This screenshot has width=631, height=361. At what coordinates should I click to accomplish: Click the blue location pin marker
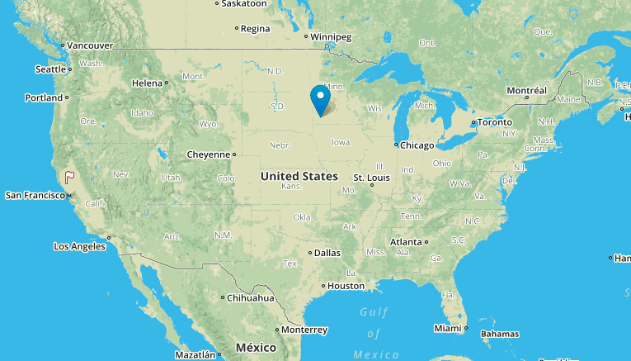point(320,99)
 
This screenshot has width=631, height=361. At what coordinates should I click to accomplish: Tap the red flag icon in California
point(70,176)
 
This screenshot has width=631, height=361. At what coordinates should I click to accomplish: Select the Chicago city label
point(417,145)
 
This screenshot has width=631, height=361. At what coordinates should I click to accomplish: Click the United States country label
point(299,176)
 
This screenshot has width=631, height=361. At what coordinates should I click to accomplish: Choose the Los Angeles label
point(79,246)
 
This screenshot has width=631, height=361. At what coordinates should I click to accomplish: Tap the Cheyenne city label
point(208,154)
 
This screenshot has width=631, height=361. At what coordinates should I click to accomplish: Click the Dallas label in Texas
point(327,253)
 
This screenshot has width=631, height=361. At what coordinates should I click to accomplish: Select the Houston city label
point(346,286)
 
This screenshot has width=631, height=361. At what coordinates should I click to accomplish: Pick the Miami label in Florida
point(448,329)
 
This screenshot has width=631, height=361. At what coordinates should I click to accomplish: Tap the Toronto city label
point(495,122)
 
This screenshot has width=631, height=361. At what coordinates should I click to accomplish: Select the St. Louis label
point(371,178)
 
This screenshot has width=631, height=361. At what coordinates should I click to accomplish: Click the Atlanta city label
point(406,242)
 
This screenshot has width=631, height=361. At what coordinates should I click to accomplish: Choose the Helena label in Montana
point(148,83)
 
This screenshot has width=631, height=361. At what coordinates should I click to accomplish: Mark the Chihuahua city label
point(251,297)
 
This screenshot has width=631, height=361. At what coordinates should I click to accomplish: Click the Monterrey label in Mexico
point(304,330)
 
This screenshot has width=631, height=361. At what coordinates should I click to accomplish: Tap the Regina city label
point(255,28)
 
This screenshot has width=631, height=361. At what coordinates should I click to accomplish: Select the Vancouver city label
point(89,45)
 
